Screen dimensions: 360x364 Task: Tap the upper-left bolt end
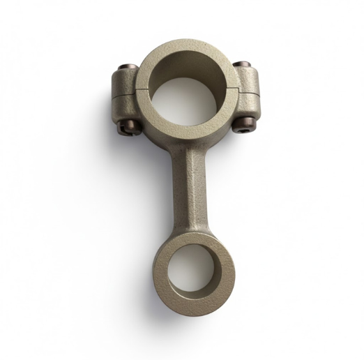(x=124, y=68)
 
